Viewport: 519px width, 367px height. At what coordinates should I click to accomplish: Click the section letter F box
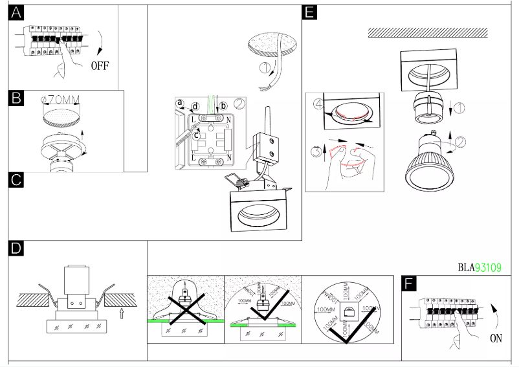(x=409, y=283)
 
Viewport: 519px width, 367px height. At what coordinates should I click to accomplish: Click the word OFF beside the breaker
(x=100, y=65)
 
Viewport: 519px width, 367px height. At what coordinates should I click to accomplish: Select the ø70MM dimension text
(x=60, y=100)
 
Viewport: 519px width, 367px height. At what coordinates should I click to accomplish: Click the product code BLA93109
(x=480, y=267)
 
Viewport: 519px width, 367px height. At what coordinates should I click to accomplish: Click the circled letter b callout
(x=223, y=106)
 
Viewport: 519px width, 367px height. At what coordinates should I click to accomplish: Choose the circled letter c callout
(x=196, y=134)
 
